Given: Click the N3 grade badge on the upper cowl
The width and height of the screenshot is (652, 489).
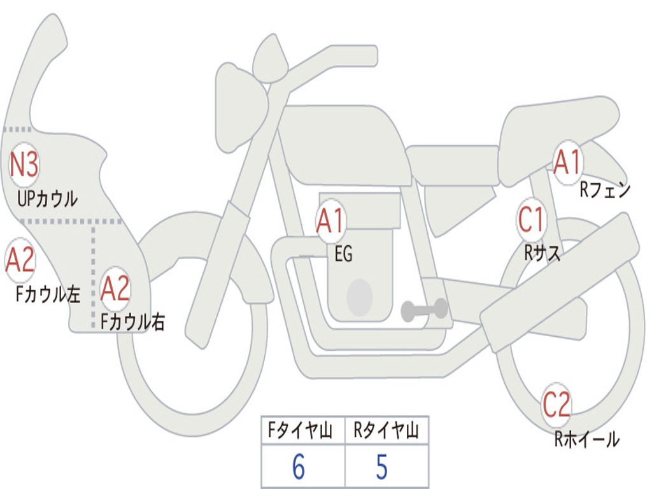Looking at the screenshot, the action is (x=24, y=165).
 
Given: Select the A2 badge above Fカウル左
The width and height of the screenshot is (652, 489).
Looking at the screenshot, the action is (x=20, y=260).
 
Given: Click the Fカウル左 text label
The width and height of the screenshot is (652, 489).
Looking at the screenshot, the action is (x=48, y=294).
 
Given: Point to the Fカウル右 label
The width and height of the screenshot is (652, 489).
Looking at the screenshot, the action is (x=133, y=322).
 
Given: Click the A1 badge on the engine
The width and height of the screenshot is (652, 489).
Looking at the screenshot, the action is (x=330, y=221).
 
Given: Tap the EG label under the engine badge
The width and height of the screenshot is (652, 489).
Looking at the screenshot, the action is (x=343, y=255).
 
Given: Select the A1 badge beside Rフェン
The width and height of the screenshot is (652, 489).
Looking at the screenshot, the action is (x=567, y=162).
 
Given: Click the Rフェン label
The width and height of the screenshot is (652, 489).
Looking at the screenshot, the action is (x=604, y=190).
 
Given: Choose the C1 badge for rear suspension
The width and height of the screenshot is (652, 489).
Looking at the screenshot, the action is (x=531, y=220).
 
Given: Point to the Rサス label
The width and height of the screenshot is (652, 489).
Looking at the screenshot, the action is (x=542, y=253).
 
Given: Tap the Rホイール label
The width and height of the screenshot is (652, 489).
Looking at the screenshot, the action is (x=586, y=439).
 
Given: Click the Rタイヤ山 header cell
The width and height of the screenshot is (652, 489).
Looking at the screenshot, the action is (x=386, y=431).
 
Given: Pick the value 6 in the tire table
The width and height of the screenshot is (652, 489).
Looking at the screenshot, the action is (x=299, y=467).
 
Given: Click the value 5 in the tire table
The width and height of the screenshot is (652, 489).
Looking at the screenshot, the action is (x=381, y=467).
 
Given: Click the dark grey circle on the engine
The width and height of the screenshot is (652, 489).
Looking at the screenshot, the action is (x=360, y=296).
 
